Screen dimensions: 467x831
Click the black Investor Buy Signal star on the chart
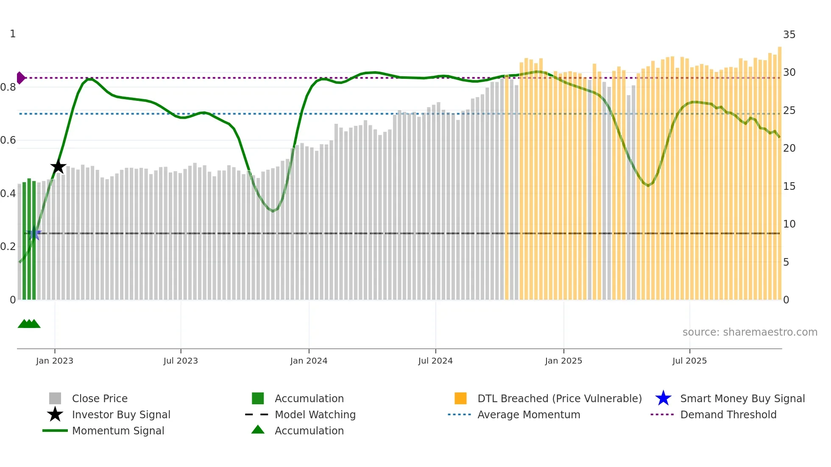[x=58, y=167]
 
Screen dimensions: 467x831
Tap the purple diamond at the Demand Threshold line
[x=20, y=78]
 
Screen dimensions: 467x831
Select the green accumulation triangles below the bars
[x=29, y=324]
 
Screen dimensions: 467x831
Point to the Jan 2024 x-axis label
[x=309, y=361]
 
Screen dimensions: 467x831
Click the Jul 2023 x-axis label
[x=181, y=361]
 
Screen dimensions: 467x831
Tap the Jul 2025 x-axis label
[x=689, y=361]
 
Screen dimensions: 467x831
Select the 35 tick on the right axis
[x=789, y=35]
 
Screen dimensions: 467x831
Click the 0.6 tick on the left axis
[x=8, y=140]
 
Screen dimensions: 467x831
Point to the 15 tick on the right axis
[x=789, y=186]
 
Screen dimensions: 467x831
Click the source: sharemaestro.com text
[x=750, y=332]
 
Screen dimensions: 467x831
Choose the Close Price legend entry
[x=100, y=398]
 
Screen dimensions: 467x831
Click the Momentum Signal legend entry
[x=118, y=431]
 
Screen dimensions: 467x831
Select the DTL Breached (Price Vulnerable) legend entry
[x=559, y=398]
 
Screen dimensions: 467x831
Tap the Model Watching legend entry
[x=315, y=414]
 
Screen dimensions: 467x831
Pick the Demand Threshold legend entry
[x=728, y=414]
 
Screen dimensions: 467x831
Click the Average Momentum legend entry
[x=528, y=414]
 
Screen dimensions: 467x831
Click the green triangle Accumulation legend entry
[x=309, y=431]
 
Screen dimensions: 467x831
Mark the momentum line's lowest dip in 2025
[x=648, y=186]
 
